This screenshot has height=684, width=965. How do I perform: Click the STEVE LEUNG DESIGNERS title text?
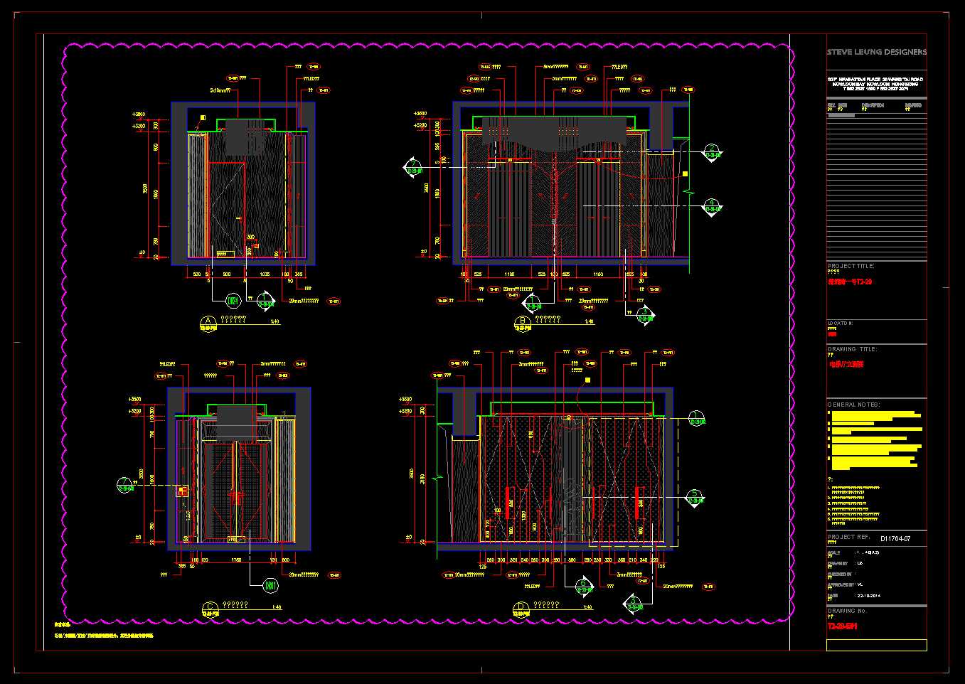click(876, 52)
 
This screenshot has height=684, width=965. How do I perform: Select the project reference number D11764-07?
click(895, 539)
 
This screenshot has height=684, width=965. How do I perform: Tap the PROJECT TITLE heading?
click(851, 266)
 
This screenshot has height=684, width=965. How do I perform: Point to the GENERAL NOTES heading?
click(853, 405)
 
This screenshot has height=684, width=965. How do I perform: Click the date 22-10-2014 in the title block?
click(868, 596)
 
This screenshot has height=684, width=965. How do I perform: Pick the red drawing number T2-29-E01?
click(842, 626)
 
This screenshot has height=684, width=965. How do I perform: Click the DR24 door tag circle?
click(233, 301)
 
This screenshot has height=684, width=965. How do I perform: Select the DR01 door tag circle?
click(270, 586)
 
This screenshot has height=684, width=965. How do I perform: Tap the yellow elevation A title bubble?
click(208, 322)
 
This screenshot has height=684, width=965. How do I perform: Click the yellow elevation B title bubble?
click(523, 323)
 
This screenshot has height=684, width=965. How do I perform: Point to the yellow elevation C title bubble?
click(210, 607)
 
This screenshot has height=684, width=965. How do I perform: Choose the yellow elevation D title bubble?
click(521, 608)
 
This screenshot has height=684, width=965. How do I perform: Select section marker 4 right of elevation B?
click(712, 206)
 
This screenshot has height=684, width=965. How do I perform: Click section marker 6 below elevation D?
click(583, 586)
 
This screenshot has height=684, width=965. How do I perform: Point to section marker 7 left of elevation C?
click(125, 485)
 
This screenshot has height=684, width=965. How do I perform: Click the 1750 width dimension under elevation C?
click(236, 560)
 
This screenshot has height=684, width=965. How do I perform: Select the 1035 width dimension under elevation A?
click(265, 274)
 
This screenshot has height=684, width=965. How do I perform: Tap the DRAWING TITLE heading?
click(852, 349)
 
